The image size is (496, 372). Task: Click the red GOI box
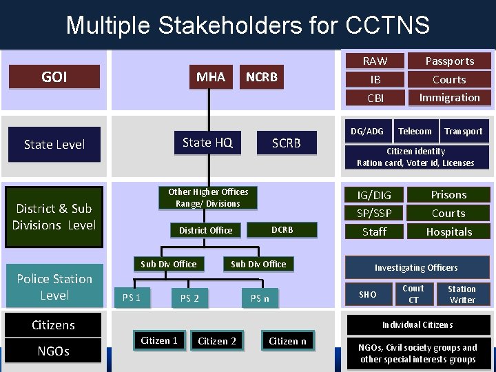[54, 76]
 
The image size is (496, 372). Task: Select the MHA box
[211, 76]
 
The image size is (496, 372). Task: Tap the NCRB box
[262, 76]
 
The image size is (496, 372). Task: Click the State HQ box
[207, 143]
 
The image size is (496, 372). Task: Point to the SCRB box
[286, 143]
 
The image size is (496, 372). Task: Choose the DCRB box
[282, 229]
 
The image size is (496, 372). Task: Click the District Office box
[205, 230]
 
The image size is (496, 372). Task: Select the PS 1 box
[132, 298]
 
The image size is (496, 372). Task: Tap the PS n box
[260, 298]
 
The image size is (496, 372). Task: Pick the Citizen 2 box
[217, 341]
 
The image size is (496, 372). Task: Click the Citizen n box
[287, 341]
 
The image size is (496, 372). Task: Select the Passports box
[449, 61]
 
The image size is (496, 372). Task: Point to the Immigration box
[449, 98]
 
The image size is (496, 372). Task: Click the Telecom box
[415, 131]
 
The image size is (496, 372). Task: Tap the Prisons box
[448, 195]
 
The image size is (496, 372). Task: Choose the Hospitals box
[448, 232]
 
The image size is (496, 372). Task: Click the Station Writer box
[462, 294]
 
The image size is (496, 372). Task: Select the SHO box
[368, 294]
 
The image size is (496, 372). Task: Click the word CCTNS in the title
[387, 25]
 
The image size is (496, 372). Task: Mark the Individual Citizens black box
[418, 324]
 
